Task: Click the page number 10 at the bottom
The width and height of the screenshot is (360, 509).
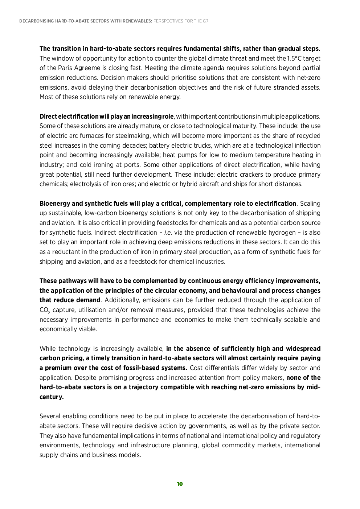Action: pyautogui.click(x=180, y=484)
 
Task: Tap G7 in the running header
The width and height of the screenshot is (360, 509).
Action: pyautogui.click(x=205, y=21)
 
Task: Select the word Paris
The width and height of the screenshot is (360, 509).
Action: pyautogui.click(x=66, y=68)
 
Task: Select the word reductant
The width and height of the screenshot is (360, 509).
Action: pyautogui.click(x=65, y=252)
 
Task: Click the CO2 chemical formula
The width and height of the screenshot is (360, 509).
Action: pyautogui.click(x=45, y=311)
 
